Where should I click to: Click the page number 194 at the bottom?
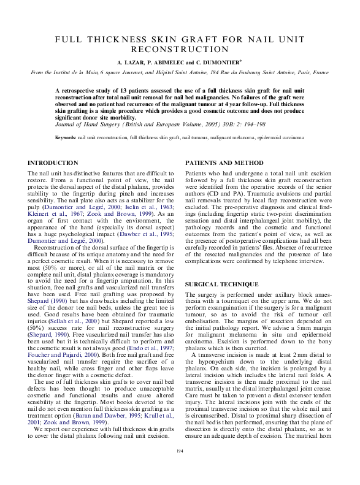pos(180,469)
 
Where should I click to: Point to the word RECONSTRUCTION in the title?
pos(180,49)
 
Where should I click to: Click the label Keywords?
pos(66,137)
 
